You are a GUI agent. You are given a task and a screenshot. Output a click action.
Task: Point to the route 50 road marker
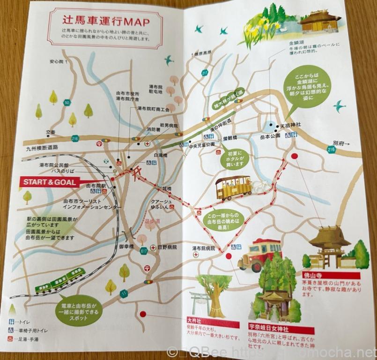pyautogui.click(x=68, y=103)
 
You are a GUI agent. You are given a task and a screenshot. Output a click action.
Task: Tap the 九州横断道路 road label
pyautogui.click(x=42, y=147)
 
